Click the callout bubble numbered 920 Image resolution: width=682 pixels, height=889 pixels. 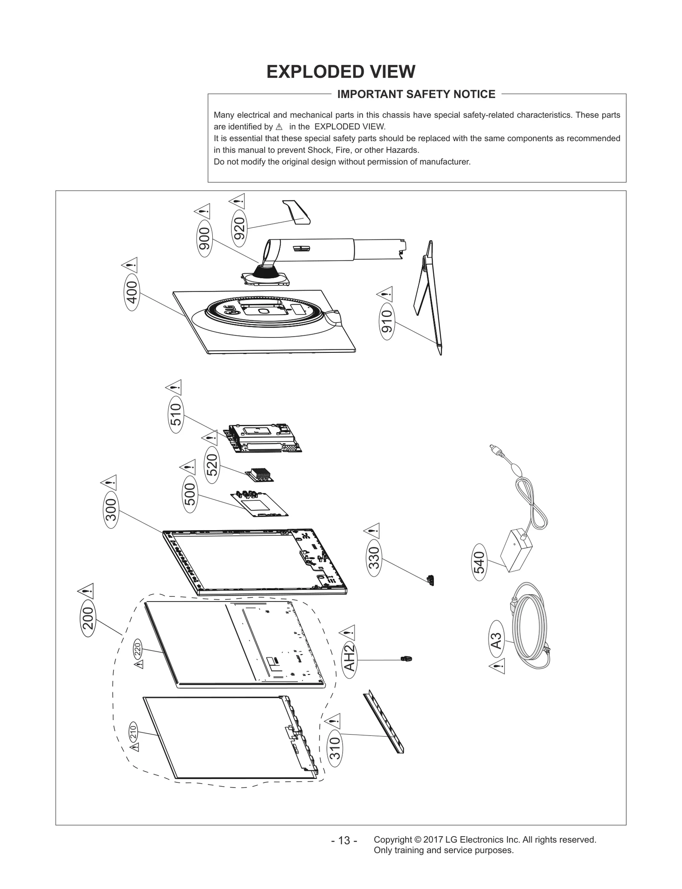240,229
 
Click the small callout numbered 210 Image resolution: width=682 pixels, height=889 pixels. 133,732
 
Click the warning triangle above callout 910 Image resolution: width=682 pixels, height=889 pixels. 385,294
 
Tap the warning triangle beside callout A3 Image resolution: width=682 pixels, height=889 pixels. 497,666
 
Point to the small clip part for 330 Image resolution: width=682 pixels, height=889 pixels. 430,579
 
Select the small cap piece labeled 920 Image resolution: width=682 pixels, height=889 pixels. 299,212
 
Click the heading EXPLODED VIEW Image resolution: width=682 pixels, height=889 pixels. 341,72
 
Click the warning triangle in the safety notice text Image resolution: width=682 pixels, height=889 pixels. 279,127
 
